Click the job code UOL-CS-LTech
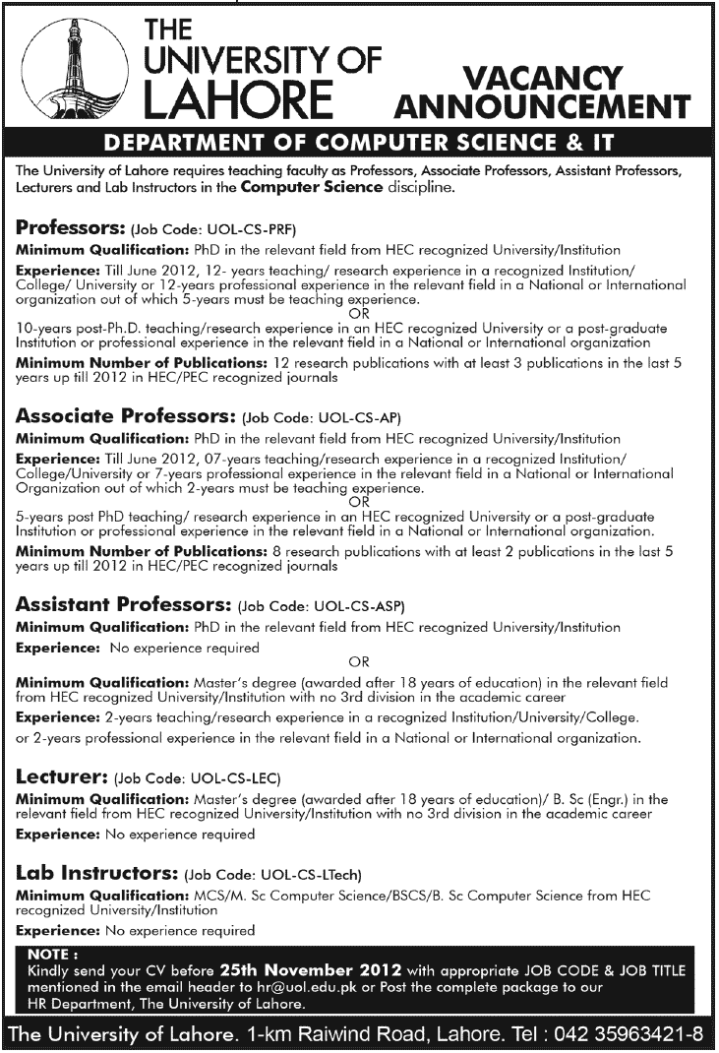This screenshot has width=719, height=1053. [274, 874]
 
